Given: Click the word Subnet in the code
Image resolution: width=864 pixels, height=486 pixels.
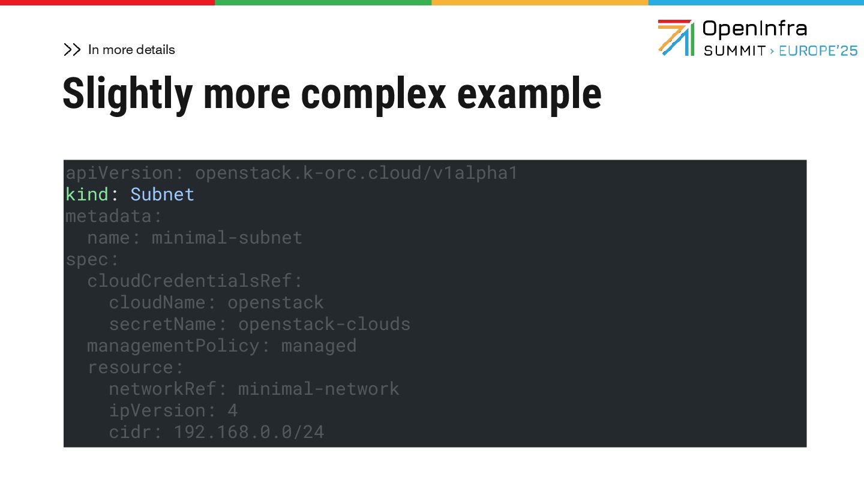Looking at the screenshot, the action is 162,194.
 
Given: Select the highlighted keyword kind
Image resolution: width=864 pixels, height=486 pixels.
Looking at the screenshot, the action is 87,194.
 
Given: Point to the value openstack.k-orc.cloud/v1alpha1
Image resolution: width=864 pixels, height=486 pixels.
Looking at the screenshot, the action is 356,173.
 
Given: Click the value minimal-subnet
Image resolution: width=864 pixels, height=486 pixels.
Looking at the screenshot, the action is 227,238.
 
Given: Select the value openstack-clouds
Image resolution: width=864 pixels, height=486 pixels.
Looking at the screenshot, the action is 324,324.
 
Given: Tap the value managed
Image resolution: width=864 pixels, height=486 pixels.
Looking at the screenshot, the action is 319,346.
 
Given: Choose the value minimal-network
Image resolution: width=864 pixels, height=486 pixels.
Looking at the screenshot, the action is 319,389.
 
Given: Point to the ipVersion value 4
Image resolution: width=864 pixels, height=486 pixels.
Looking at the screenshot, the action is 232,410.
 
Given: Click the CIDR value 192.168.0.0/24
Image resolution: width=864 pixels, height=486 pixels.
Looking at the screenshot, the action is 248,432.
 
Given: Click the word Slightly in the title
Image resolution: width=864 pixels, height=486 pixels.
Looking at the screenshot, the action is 127,94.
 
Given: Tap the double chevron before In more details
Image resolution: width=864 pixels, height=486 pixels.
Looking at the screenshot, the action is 72,50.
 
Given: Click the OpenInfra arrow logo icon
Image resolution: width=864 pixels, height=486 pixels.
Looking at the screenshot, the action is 676,37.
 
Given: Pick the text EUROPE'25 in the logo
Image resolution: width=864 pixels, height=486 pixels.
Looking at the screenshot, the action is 818,51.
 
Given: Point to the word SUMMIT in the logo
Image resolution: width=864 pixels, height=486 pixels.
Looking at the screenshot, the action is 734,51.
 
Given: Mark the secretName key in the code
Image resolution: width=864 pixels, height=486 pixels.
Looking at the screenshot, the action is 162,324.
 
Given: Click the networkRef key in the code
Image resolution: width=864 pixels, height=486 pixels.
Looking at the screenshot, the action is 162,389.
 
